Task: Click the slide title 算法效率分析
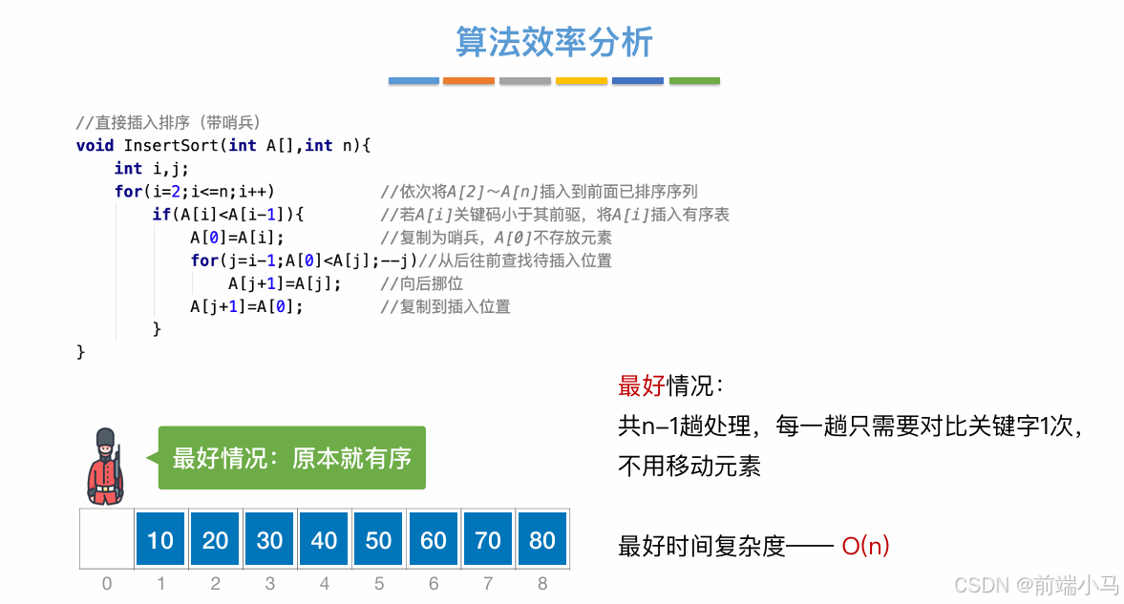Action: [x=554, y=43]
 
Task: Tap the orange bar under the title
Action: [x=469, y=81]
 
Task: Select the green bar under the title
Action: [x=694, y=81]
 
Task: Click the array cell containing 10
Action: [x=160, y=540]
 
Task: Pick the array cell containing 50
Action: [x=379, y=540]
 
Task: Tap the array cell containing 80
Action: [x=542, y=540]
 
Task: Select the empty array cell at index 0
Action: [x=106, y=540]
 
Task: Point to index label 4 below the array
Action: [x=325, y=583]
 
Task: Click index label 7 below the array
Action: [x=488, y=583]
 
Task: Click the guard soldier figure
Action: [x=105, y=466]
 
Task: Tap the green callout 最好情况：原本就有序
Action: [x=291, y=458]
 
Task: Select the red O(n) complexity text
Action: [x=865, y=546]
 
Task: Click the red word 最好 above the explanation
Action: [x=642, y=386]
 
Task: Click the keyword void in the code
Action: [x=95, y=145]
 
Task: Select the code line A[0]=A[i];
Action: [x=237, y=238]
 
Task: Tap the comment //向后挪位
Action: [x=421, y=283]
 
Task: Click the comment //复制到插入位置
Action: [x=445, y=306]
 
